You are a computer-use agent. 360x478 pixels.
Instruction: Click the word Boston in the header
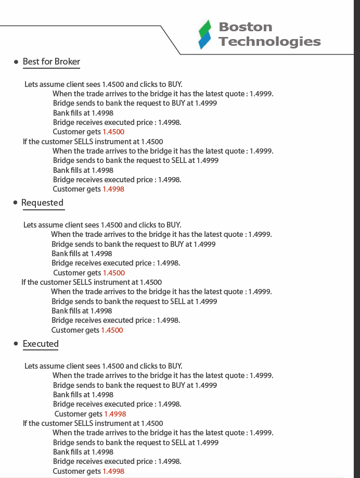[x=245, y=27]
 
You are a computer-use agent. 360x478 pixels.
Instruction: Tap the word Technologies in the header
[x=269, y=42]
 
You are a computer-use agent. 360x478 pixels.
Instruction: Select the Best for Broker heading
[x=51, y=61]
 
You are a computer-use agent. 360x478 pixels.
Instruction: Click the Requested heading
[x=42, y=203]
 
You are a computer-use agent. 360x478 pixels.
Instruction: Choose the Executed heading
[x=41, y=344]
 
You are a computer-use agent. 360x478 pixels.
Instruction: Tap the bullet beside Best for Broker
[x=16, y=62]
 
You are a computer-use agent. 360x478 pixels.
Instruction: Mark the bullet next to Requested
[x=15, y=203]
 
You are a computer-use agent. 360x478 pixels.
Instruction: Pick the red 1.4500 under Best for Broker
[x=113, y=132]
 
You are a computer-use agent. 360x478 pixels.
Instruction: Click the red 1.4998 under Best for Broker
[x=113, y=190]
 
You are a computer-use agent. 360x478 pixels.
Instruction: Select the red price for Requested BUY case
[x=114, y=273]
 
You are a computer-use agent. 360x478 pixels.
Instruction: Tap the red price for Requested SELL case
[x=112, y=330]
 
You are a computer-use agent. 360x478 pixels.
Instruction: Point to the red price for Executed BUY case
[x=115, y=414]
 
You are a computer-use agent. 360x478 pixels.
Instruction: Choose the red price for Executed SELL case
[x=113, y=471]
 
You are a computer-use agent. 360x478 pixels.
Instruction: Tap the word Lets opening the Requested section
[x=30, y=225]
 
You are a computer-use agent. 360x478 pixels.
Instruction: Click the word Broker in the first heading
[x=67, y=61]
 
